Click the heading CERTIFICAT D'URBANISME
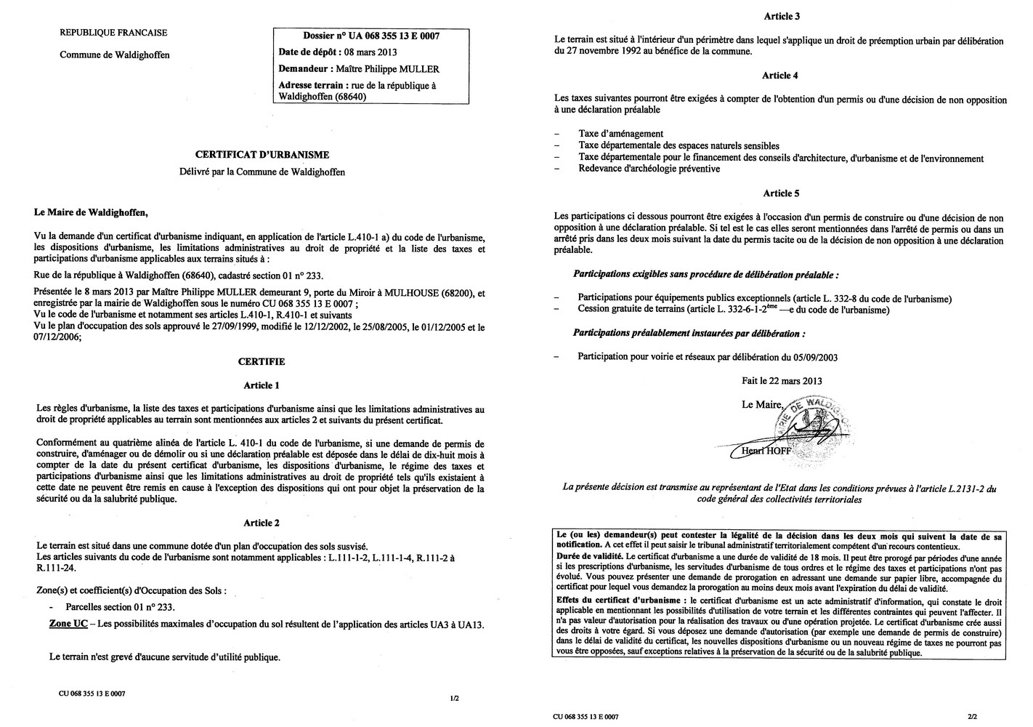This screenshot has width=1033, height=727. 262,155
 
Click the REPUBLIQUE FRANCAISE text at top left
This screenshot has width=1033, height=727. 113,33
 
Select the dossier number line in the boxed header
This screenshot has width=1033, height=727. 370,36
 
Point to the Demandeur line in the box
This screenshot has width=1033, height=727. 359,69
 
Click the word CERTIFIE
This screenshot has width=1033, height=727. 262,361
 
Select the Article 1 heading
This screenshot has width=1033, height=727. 262,385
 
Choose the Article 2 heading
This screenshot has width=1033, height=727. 262,523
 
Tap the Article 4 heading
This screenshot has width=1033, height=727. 781,76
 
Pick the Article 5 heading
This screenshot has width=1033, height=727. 781,193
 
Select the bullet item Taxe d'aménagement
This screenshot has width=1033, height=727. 620,134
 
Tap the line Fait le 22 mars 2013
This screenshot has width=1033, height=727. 782,380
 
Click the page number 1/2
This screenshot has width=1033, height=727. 454,699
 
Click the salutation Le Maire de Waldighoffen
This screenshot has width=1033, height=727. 90,213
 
